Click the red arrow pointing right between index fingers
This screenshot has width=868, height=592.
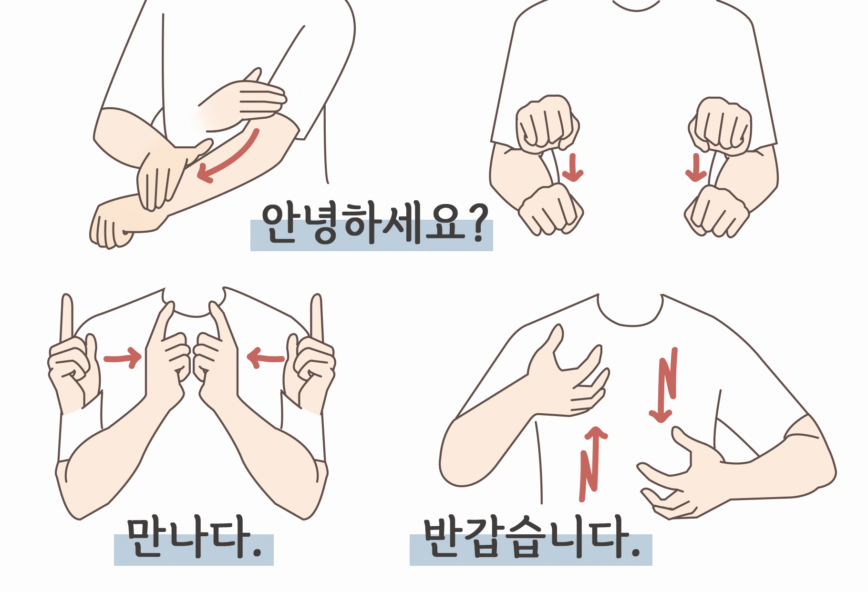(123, 358)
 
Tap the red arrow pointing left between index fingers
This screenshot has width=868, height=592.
(266, 358)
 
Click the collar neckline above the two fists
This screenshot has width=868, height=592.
(636, 6)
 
